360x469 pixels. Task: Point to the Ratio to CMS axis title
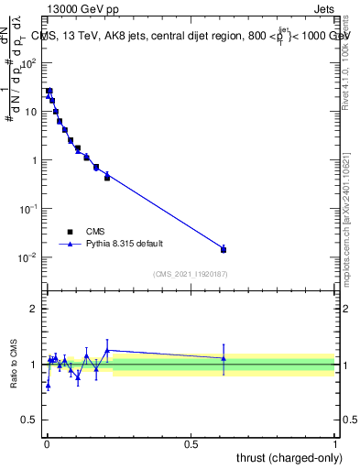(x=15, y=364)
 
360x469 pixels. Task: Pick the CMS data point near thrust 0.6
(x=224, y=249)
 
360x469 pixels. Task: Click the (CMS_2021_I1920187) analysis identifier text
(x=191, y=273)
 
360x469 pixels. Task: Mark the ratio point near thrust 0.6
(x=224, y=358)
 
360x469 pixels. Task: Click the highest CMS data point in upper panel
(x=49, y=92)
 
